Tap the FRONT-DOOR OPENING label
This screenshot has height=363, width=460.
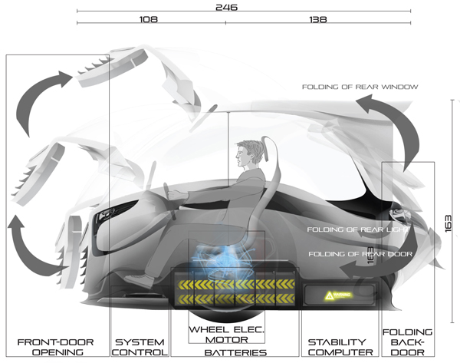[50, 347]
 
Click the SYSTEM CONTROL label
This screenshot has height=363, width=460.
[140, 347]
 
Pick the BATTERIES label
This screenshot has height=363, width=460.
[235, 353]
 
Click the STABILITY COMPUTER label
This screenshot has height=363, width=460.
[340, 347]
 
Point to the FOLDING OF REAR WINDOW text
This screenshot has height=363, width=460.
[360, 87]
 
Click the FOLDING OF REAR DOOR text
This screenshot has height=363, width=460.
[360, 254]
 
